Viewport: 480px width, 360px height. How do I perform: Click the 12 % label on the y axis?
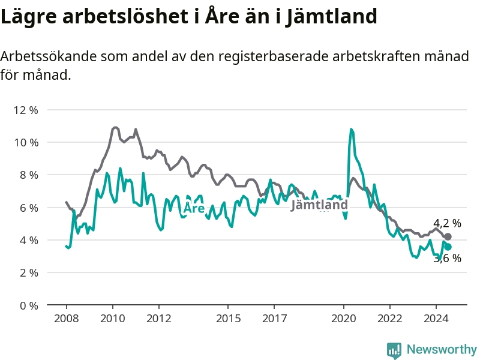(x=26, y=110)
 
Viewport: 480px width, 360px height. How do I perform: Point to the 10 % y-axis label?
(x=26, y=142)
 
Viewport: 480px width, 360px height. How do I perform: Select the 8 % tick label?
(x=29, y=175)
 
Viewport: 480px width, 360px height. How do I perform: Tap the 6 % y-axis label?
(x=29, y=208)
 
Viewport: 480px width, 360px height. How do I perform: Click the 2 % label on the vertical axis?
(x=29, y=273)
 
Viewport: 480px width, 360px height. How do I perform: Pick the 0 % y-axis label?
(x=29, y=305)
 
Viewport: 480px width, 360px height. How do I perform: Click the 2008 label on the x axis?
(x=67, y=319)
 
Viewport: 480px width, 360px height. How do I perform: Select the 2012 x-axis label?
(x=159, y=319)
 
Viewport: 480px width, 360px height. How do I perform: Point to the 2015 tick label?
(x=229, y=319)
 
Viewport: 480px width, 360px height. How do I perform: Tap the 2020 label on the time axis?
(x=344, y=319)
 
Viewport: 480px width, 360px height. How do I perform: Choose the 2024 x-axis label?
(x=436, y=319)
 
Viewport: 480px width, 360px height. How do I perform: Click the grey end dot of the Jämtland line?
(x=448, y=236)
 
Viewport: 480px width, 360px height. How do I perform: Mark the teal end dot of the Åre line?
(x=448, y=247)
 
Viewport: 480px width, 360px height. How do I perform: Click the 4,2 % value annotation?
(x=447, y=223)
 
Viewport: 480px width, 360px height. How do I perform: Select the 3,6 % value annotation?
(x=447, y=259)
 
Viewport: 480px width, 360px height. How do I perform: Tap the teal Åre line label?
(x=194, y=208)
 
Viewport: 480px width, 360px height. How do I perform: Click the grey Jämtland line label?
(x=319, y=205)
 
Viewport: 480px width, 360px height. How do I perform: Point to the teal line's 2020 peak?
(x=351, y=129)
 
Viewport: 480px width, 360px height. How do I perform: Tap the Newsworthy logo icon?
(x=394, y=350)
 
